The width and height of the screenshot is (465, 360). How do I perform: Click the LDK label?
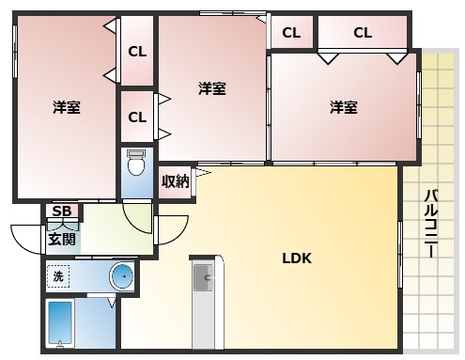(297, 258)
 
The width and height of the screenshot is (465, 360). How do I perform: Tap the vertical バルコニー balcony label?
(431, 224)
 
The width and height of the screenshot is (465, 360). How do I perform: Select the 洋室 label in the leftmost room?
(66, 107)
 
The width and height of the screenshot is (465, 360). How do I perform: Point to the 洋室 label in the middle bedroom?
(212, 88)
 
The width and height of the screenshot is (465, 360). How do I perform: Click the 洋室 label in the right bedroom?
(343, 107)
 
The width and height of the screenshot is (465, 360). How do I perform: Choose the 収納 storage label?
(175, 180)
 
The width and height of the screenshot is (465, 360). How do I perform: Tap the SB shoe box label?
(62, 211)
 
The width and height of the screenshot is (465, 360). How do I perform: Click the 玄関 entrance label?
(62, 240)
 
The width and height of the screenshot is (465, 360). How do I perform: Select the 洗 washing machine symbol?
(58, 276)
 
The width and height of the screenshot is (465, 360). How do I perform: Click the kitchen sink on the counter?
(204, 278)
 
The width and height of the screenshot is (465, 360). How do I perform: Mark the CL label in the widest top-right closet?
(363, 33)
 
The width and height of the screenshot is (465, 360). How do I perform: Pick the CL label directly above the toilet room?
(137, 117)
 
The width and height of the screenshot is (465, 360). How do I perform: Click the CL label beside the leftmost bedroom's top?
(137, 52)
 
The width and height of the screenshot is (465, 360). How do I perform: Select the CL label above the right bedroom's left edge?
(291, 33)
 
